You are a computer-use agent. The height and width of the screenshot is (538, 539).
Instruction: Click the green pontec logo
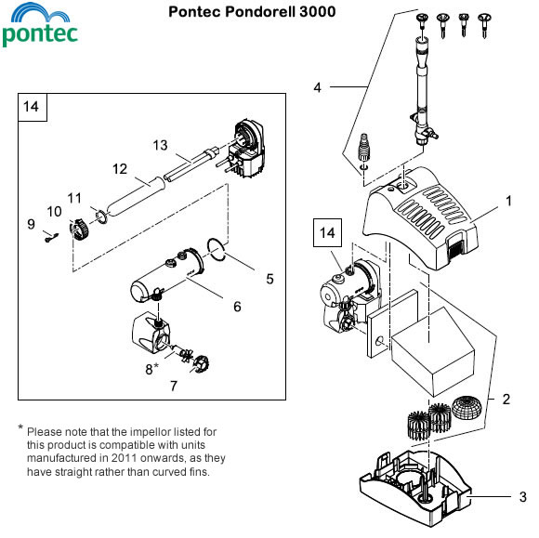[x=40, y=24]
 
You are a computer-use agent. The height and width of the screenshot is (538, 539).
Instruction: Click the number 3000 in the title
[x=317, y=12]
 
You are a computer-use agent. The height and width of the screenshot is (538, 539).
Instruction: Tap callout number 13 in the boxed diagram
[x=160, y=145]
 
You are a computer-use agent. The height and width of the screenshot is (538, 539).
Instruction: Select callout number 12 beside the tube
[x=120, y=169]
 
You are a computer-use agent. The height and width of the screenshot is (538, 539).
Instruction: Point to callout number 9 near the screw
[x=32, y=224]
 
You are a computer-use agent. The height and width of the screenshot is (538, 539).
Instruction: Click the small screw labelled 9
[x=51, y=237]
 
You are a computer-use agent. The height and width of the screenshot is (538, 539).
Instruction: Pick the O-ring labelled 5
[x=217, y=249]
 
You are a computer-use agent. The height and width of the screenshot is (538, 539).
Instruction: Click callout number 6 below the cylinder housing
[x=237, y=307]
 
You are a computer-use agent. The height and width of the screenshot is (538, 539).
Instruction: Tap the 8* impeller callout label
[x=151, y=369]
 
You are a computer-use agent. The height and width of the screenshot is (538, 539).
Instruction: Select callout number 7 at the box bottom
[x=174, y=386]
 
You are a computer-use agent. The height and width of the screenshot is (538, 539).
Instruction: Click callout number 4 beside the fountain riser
[x=317, y=87]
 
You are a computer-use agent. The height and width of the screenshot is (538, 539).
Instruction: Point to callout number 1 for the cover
[x=509, y=201]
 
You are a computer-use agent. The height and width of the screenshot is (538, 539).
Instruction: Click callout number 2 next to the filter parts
[x=506, y=400]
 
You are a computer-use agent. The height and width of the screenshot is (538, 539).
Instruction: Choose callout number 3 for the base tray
[x=523, y=497]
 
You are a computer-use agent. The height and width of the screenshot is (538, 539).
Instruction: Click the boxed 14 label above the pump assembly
[x=327, y=232]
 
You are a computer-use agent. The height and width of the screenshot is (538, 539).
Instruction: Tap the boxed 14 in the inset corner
[x=32, y=107]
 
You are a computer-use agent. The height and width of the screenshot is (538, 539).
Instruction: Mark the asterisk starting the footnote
[x=20, y=427]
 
